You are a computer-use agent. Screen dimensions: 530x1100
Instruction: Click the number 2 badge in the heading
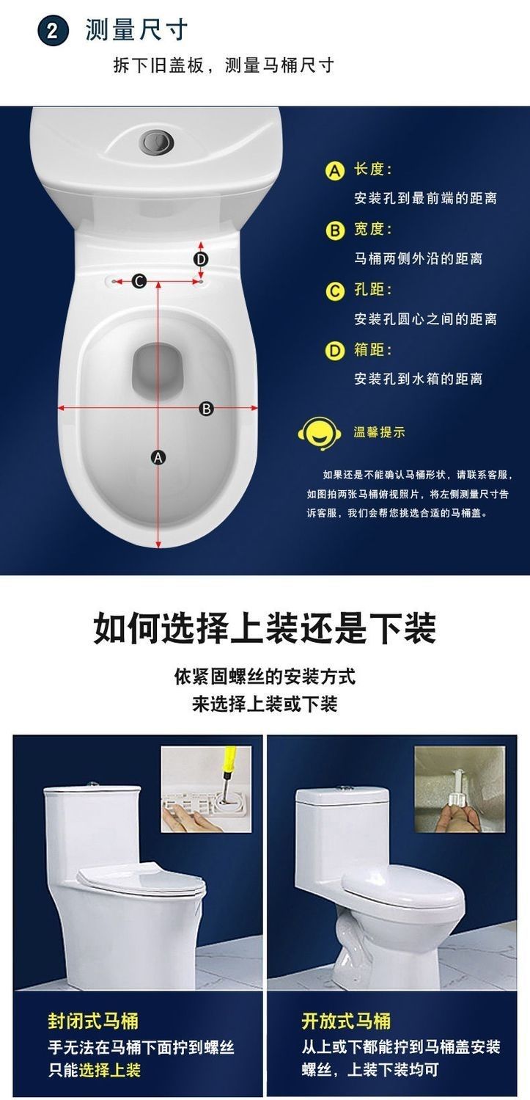(x=53, y=31)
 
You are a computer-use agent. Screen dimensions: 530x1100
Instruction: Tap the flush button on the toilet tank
(x=158, y=141)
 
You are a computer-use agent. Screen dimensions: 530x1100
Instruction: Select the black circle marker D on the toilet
(x=201, y=259)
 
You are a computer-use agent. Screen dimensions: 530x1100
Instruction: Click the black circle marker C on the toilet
(x=139, y=281)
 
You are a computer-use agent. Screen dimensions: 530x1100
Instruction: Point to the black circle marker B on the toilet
(x=207, y=409)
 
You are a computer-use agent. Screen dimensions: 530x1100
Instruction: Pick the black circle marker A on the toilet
(x=158, y=458)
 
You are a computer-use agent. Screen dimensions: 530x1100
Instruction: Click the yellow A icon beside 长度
(x=335, y=170)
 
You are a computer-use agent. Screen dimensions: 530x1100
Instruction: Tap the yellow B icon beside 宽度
(x=335, y=230)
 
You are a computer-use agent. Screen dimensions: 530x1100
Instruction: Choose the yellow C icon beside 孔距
(x=335, y=291)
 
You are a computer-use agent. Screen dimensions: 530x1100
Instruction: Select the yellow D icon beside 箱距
(x=335, y=351)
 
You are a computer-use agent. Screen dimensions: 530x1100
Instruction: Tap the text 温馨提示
(x=379, y=432)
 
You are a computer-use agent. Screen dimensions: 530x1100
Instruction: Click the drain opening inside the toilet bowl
(x=158, y=371)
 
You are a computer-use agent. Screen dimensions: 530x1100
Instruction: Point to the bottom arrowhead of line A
(x=158, y=544)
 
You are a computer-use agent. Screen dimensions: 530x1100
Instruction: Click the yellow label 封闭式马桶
(x=93, y=1021)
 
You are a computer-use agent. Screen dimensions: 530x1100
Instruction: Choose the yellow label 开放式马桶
(x=347, y=1021)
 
